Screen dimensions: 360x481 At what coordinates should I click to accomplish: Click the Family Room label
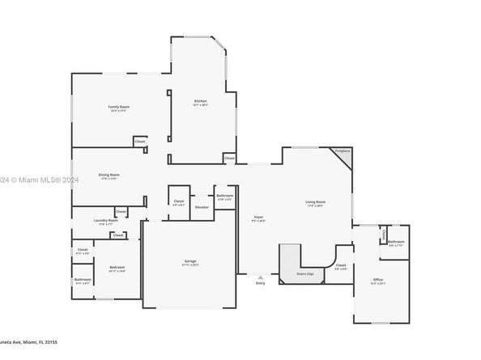[x=120, y=106]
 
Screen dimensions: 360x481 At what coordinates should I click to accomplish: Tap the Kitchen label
[x=199, y=101]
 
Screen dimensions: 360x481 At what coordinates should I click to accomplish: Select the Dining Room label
[x=109, y=175]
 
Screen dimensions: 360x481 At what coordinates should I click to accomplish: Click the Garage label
[x=190, y=260]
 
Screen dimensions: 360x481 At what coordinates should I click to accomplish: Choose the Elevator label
[x=202, y=207]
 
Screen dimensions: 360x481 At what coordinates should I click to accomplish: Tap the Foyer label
[x=258, y=217]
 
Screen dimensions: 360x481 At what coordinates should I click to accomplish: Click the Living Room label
[x=315, y=201]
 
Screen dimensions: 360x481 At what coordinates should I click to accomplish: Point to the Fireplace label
[x=343, y=150]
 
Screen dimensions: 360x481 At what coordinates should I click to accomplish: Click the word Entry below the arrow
[x=260, y=283]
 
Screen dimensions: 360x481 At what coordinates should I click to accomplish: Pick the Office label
[x=378, y=279]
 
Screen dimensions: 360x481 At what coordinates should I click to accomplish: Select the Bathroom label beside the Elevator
[x=225, y=196]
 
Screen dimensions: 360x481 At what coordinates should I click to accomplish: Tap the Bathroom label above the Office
[x=396, y=241]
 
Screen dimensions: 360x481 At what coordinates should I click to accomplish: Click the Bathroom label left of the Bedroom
[x=83, y=279]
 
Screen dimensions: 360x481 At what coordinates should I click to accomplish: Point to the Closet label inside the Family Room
[x=140, y=141]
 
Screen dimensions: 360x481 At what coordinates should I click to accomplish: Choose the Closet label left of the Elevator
[x=179, y=201]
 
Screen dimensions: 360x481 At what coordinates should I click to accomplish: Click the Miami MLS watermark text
[x=40, y=180]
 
